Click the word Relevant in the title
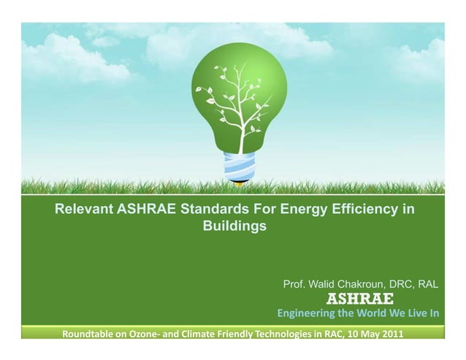click(84, 211)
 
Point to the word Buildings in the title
click(234, 227)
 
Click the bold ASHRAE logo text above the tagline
click(359, 299)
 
